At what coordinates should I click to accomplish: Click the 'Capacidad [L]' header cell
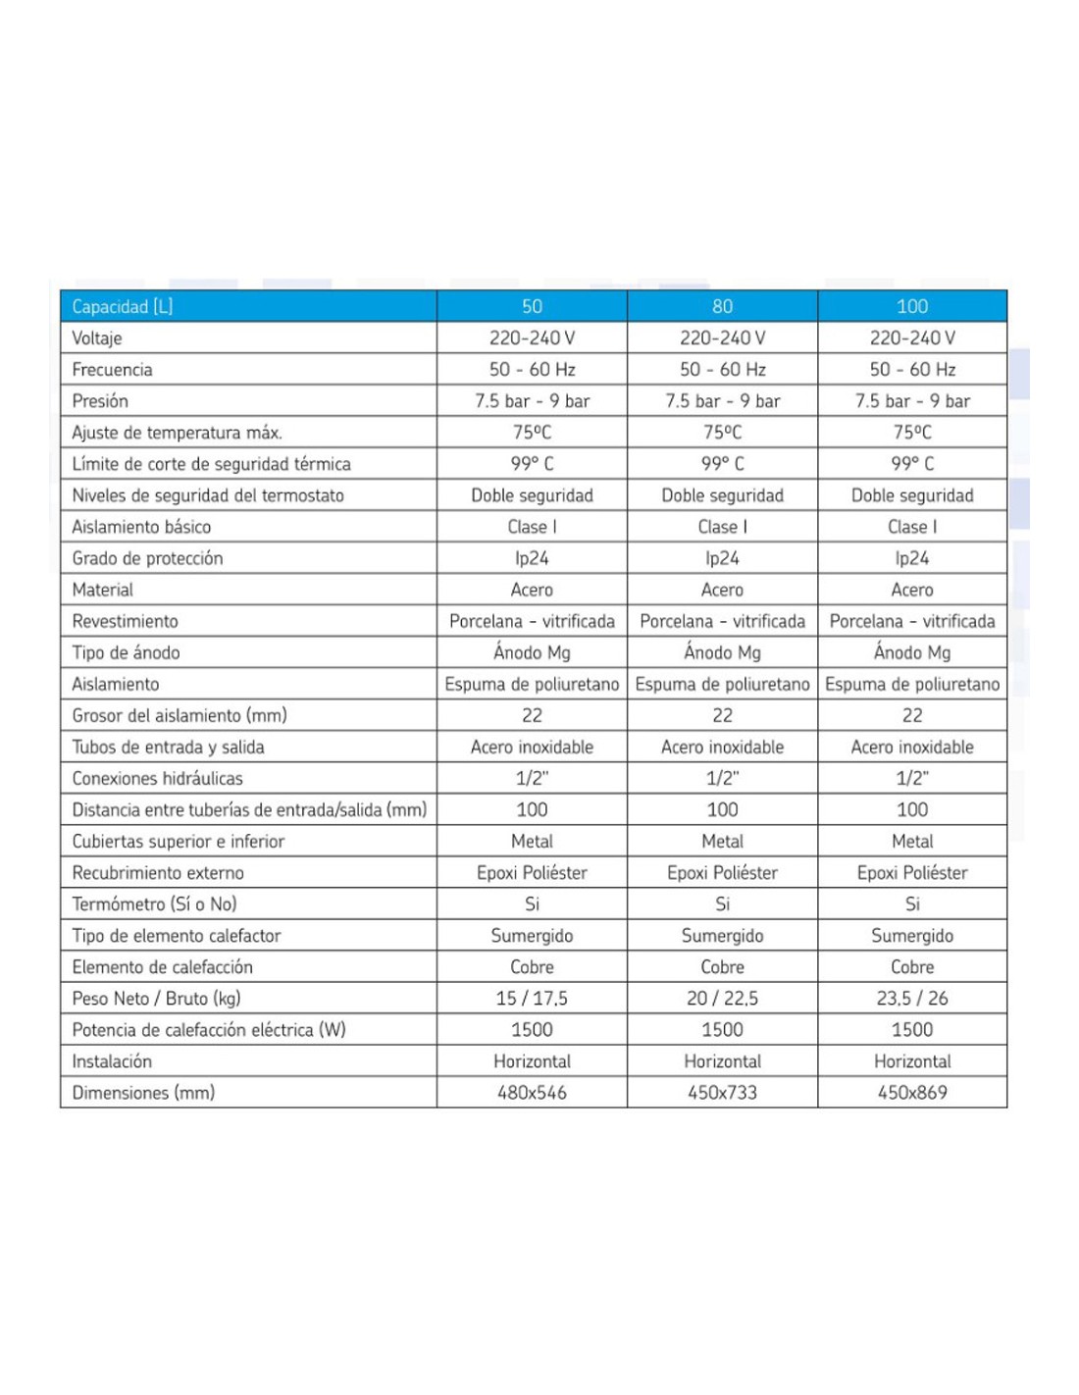(x=122, y=306)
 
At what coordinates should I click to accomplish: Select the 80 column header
(x=722, y=306)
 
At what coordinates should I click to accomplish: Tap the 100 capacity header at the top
(x=912, y=306)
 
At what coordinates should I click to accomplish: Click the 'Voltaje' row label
(x=97, y=338)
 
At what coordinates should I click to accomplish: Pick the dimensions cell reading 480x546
(x=532, y=1093)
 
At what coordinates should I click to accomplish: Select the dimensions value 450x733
(x=722, y=1093)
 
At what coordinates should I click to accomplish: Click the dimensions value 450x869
(x=912, y=1093)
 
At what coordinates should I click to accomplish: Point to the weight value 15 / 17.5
(x=532, y=999)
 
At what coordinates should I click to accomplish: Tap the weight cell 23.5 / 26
(x=912, y=999)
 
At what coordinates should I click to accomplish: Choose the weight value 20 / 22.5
(x=722, y=999)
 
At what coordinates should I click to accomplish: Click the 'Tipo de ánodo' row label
(x=126, y=652)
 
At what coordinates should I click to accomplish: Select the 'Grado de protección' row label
(x=147, y=558)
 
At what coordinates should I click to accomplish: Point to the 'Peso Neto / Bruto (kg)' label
(x=156, y=999)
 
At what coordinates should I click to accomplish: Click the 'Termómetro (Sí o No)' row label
(x=154, y=904)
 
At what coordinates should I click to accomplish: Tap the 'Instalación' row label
(x=112, y=1061)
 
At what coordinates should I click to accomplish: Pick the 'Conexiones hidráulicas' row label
(x=157, y=778)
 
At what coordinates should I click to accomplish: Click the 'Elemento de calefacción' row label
(x=162, y=967)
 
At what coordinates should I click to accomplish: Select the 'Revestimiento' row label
(x=125, y=621)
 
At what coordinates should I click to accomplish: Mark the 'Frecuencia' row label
(x=112, y=370)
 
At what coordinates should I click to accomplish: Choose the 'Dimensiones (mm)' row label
(x=143, y=1093)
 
